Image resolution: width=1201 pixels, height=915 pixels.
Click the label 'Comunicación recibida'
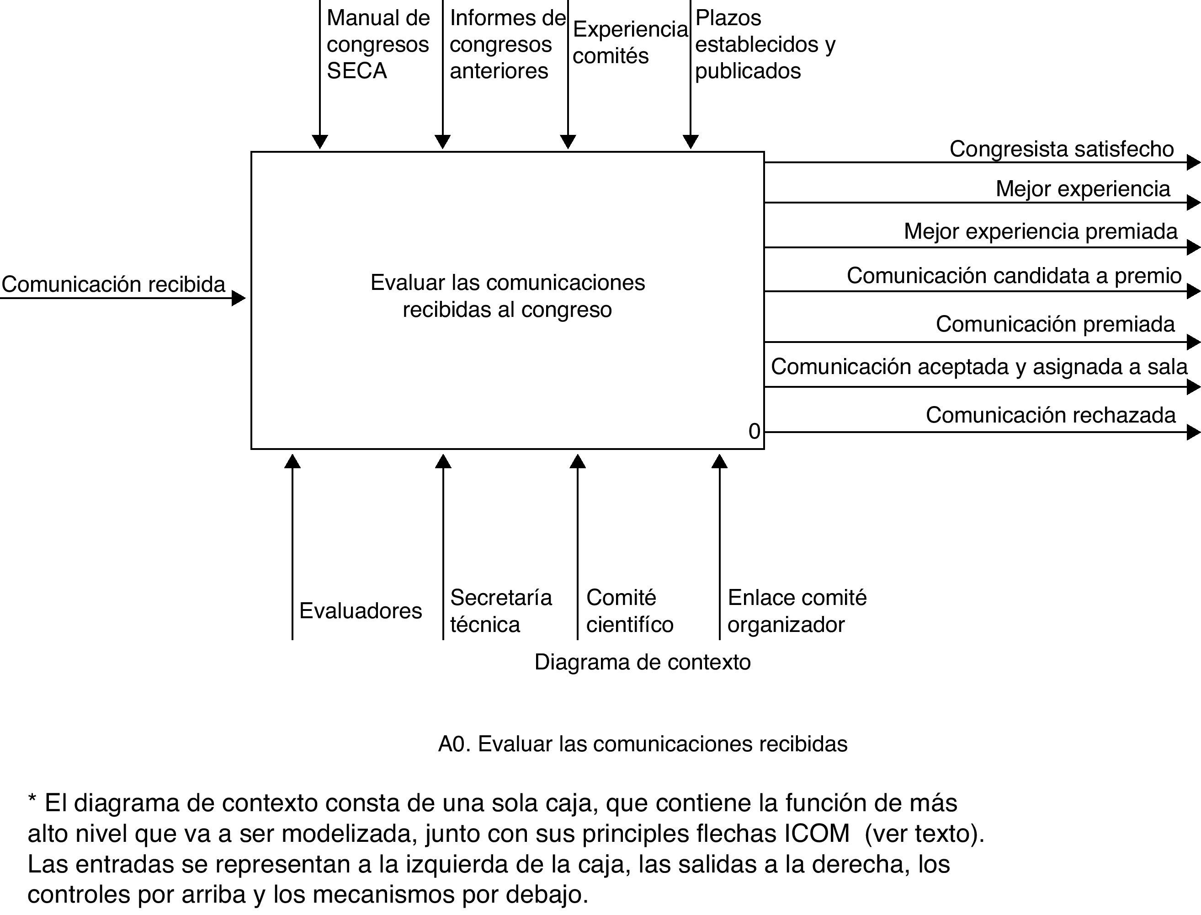pos(113,284)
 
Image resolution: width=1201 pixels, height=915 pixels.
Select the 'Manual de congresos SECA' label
pos(377,45)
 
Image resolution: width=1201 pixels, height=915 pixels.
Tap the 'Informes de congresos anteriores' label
pos(507,45)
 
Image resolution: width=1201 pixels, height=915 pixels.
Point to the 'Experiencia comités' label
pos(630,43)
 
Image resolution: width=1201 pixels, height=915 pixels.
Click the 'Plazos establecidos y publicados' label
pos(765,45)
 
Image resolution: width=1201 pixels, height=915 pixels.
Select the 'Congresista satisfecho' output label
pos(1061,149)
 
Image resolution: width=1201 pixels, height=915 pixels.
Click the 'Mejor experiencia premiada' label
pos(1040,231)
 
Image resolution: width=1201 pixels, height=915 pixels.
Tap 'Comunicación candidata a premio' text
pos(1014,276)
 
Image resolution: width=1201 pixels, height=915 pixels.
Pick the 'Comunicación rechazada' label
pos(1050,415)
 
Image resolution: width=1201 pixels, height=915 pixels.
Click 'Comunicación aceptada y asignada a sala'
pos(978,367)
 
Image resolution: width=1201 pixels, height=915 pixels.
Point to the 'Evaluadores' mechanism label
pos(360,611)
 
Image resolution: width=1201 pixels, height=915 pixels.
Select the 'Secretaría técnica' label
pos(500,611)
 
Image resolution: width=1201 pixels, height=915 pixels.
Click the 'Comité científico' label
pos(630,611)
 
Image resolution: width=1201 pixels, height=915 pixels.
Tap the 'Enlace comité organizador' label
pos(797,611)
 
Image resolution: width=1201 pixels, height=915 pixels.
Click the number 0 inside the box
pos(754,431)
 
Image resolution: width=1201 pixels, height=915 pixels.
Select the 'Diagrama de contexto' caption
pos(642,662)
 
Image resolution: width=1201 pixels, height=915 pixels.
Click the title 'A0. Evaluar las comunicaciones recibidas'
pos(642,744)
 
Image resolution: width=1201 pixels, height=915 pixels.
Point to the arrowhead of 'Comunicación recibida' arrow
pos(239,298)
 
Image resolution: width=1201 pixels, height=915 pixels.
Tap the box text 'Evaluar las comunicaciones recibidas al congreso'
pos(507,296)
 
